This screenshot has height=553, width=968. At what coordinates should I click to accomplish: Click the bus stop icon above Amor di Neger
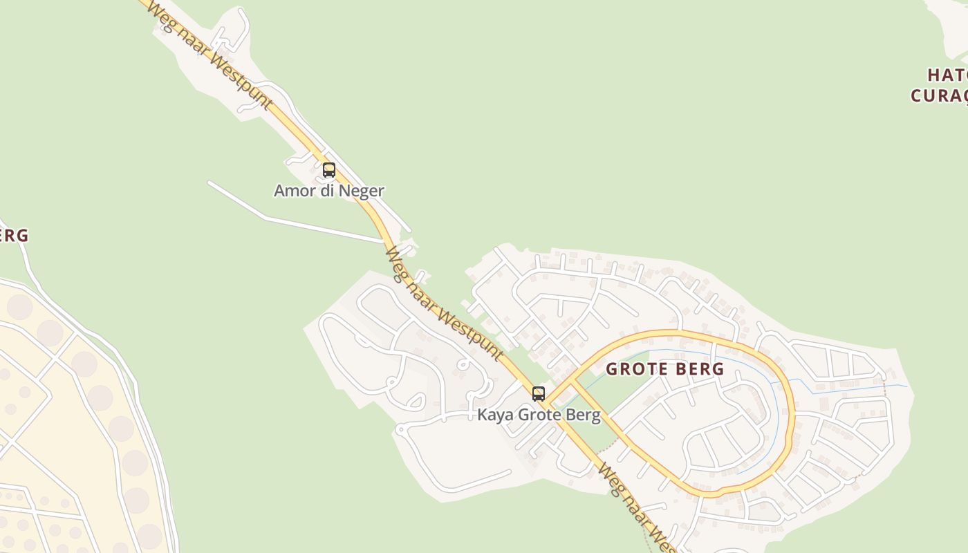[329, 169]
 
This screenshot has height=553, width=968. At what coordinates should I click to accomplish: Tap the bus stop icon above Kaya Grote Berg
[539, 394]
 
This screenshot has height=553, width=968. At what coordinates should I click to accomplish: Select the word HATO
[947, 75]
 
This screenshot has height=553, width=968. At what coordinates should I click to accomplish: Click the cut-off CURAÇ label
[940, 95]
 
